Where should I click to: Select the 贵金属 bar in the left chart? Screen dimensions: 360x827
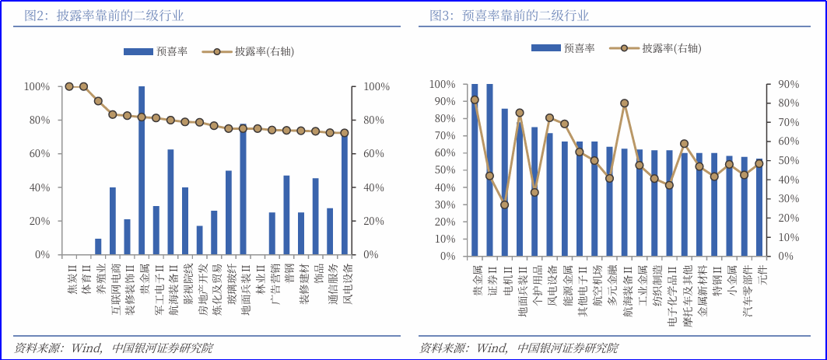tap(142, 170)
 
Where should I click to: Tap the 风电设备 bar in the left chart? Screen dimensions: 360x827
tap(345, 194)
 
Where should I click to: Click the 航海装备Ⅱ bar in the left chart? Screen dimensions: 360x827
tap(170, 202)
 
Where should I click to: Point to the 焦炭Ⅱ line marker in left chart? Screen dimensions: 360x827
tap(69, 86)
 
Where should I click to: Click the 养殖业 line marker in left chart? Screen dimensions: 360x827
tap(98, 101)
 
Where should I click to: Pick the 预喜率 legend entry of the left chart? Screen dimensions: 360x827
tap(156, 51)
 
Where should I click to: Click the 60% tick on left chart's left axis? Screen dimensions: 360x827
tap(38, 154)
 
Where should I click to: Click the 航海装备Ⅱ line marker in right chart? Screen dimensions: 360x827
tap(625, 103)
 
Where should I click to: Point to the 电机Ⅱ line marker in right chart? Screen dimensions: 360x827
tap(504, 204)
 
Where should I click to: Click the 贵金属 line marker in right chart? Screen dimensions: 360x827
tap(475, 100)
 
